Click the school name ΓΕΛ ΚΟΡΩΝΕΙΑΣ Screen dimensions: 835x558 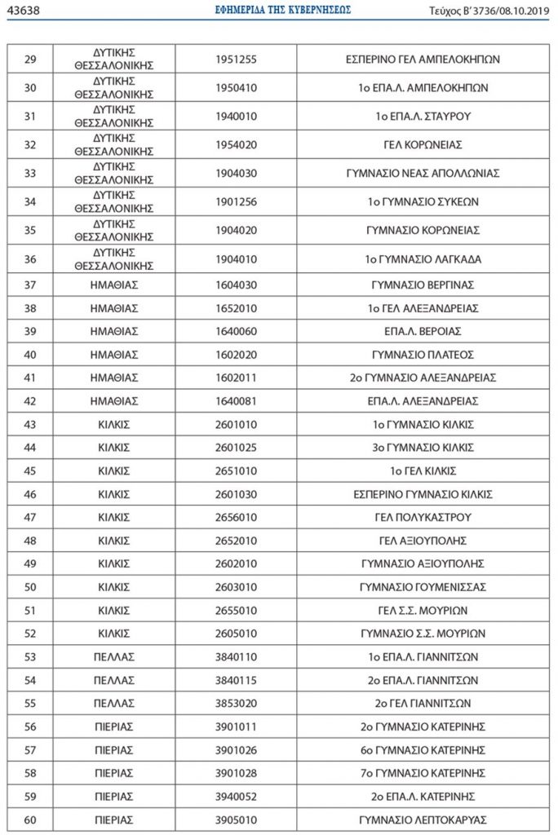[x=423, y=145]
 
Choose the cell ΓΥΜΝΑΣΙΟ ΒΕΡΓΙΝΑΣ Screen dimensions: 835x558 [x=423, y=285]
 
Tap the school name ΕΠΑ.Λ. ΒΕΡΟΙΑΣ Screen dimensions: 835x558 [x=423, y=331]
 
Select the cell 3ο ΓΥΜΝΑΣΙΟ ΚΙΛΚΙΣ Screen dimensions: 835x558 [x=423, y=448]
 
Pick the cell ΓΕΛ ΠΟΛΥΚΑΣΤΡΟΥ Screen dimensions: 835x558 [x=423, y=518]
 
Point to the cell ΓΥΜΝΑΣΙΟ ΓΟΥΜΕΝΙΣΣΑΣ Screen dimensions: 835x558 [x=423, y=587]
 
